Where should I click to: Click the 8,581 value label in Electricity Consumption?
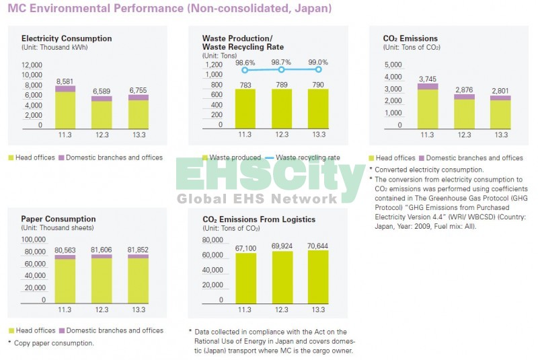tap(65, 81)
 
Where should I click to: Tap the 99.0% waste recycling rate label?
tap(318, 62)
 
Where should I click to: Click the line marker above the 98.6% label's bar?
tap(245, 69)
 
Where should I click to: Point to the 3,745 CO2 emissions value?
tap(427, 79)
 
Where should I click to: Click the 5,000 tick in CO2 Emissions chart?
tap(393, 65)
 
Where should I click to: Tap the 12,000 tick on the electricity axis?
tap(32, 65)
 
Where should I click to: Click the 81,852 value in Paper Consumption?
tap(139, 250)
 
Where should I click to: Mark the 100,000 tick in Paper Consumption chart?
tap(34, 240)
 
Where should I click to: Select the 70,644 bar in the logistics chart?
tap(319, 276)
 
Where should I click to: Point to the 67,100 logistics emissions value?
tap(245, 248)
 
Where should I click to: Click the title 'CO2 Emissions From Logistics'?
tap(259, 219)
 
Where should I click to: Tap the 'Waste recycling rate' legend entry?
tap(307, 157)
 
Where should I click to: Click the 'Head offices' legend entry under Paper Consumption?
tap(31, 330)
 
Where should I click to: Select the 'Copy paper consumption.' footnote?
tap(54, 343)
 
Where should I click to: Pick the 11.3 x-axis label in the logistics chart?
tap(245, 310)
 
